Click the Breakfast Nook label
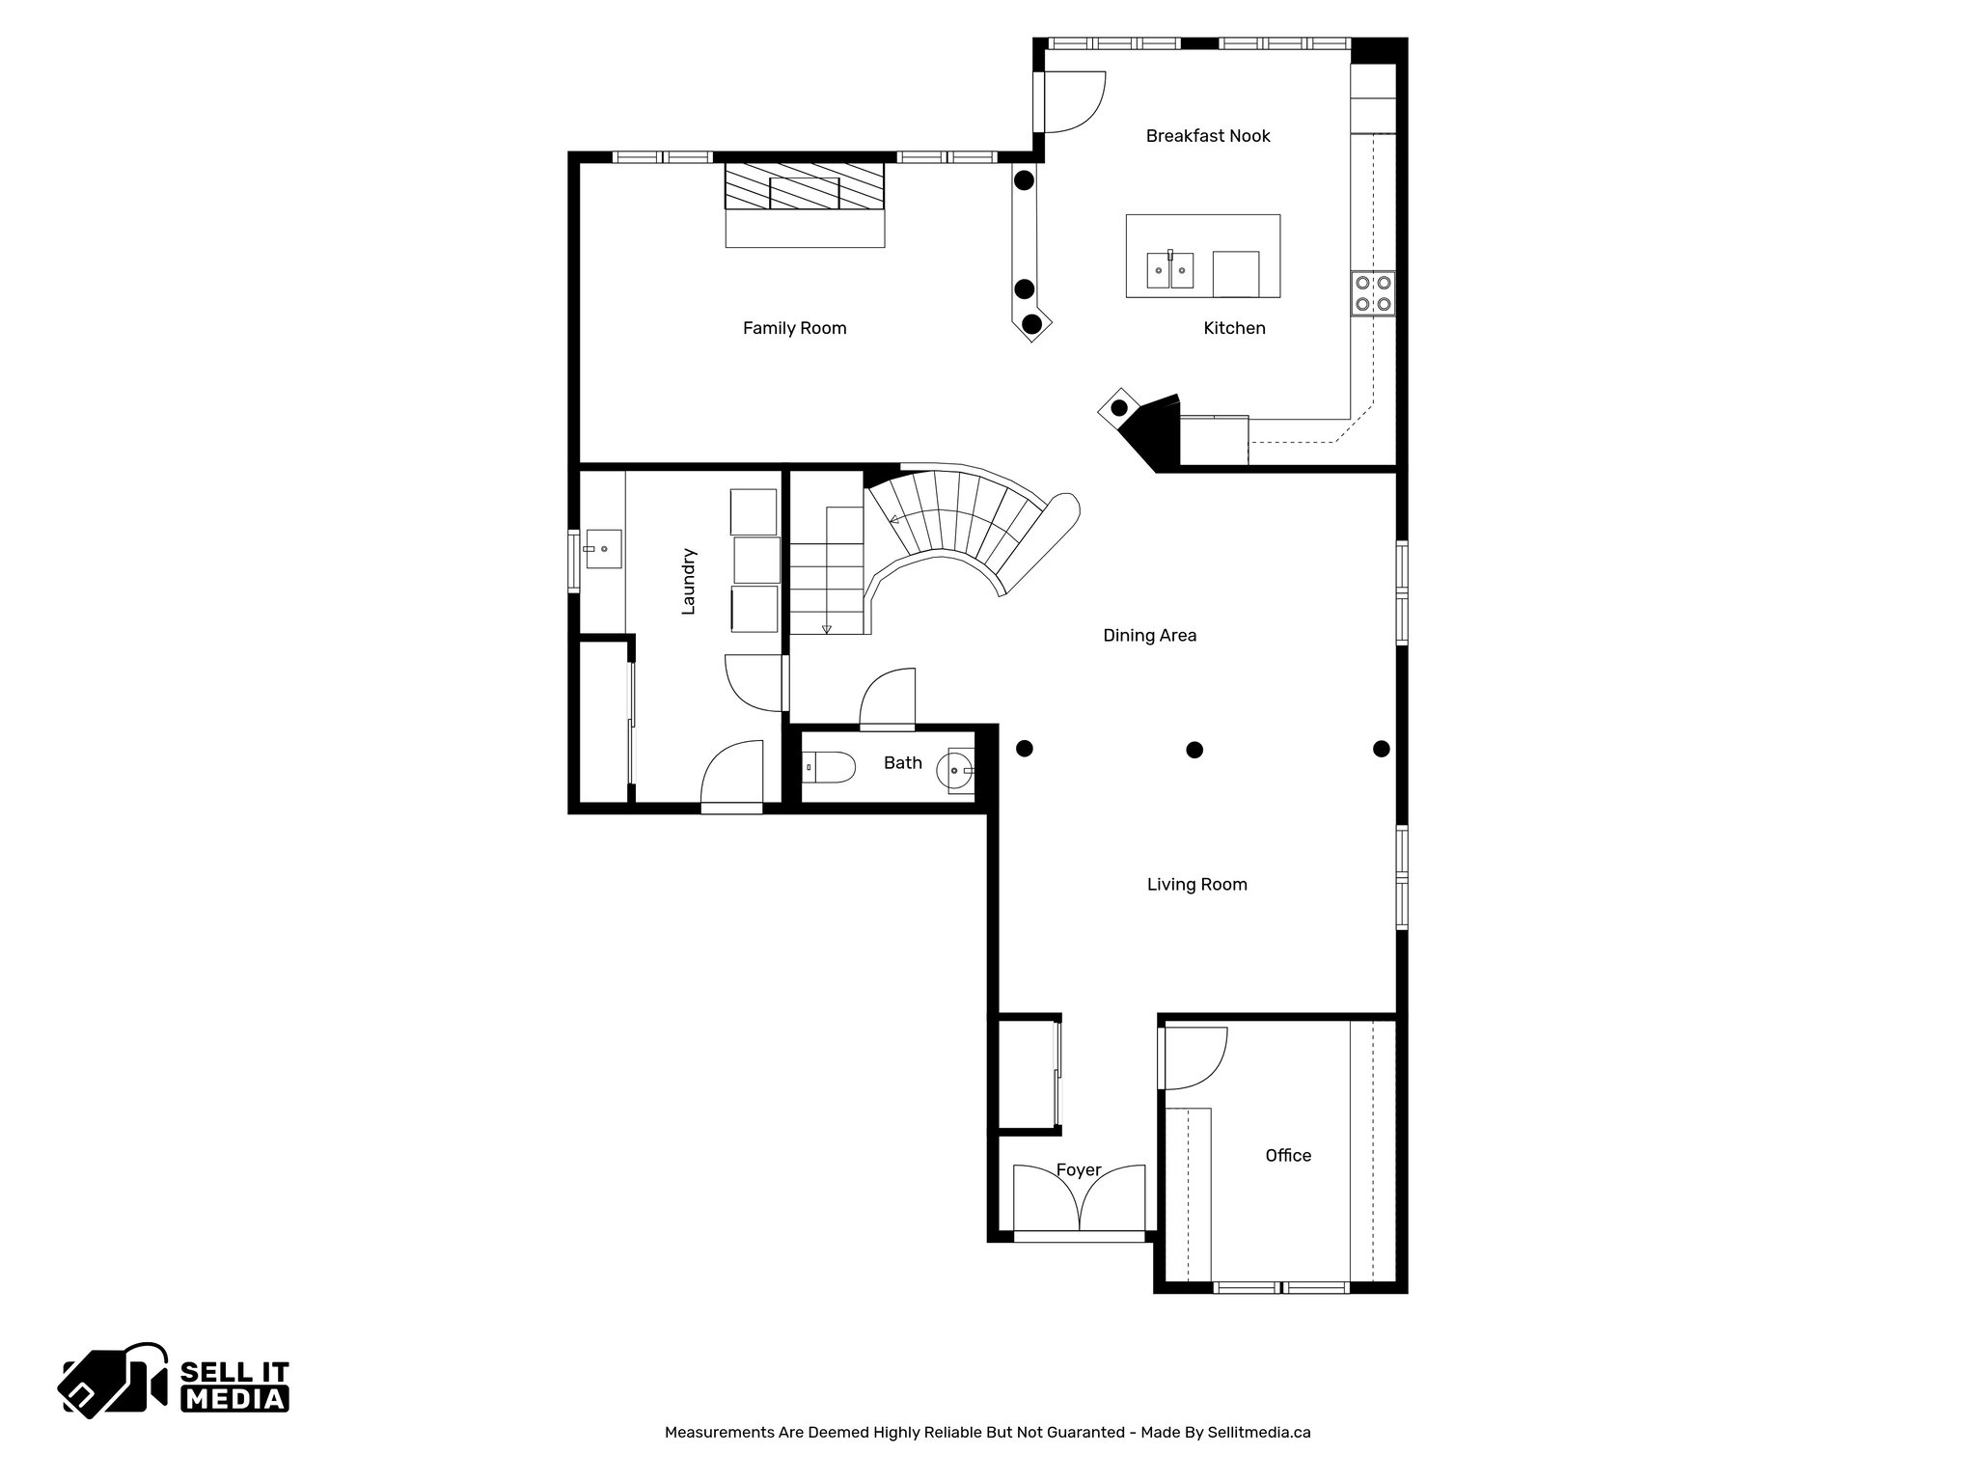[1207, 136]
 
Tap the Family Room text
[794, 328]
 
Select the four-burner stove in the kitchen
[1372, 293]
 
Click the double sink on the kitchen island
[1169, 270]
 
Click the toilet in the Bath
[831, 768]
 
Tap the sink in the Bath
[959, 769]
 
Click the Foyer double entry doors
[1079, 1201]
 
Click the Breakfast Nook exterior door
[1071, 102]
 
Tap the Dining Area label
[1149, 636]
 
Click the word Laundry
[688, 581]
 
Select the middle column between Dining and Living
[1194, 750]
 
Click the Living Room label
[1196, 885]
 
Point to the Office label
[1287, 1156]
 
